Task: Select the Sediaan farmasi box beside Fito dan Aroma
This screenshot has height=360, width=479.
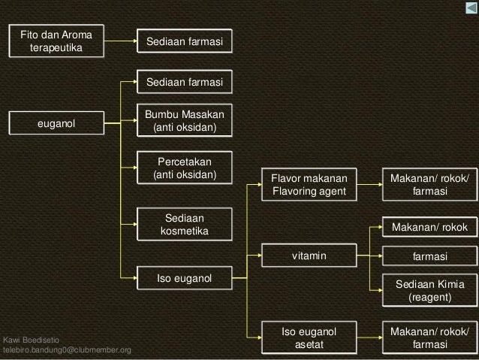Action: click(x=184, y=41)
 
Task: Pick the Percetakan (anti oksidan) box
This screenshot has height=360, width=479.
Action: click(x=184, y=169)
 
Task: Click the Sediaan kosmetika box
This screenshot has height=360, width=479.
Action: click(x=184, y=224)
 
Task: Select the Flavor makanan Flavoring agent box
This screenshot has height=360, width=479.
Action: click(x=309, y=185)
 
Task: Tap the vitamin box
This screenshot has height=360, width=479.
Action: click(x=309, y=257)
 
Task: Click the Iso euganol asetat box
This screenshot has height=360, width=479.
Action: click(x=309, y=337)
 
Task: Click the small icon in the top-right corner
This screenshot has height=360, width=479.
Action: click(x=468, y=8)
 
